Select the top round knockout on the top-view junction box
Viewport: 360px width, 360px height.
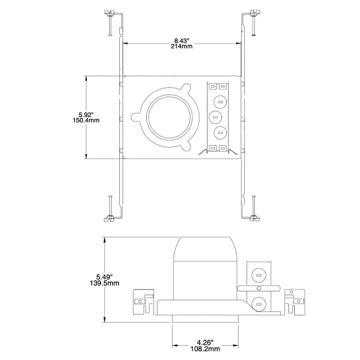coord(220,101)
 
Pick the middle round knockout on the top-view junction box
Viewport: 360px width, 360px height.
coord(216,117)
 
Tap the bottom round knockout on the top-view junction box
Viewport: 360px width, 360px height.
coord(220,132)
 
